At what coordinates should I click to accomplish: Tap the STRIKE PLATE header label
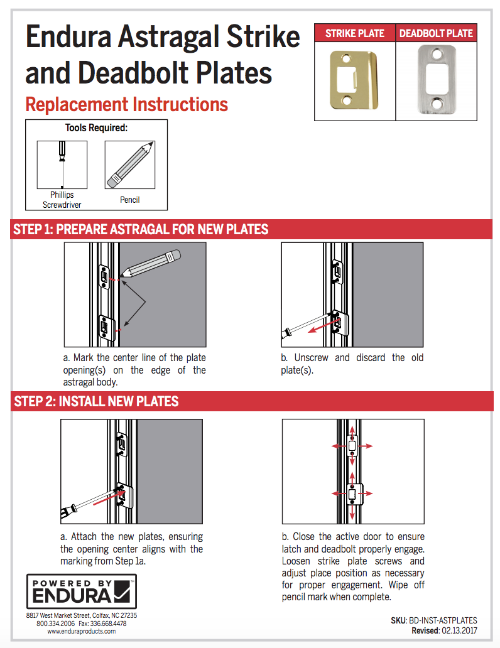pyautogui.click(x=355, y=33)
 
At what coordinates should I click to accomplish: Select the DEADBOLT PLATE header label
pyautogui.click(x=436, y=33)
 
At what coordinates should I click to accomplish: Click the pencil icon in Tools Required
pyautogui.click(x=130, y=165)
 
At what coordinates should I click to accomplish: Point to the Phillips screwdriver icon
pyautogui.click(x=62, y=165)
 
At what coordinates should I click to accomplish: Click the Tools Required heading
pyautogui.click(x=96, y=128)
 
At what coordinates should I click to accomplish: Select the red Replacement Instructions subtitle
pyautogui.click(x=126, y=104)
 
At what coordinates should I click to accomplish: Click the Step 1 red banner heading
pyautogui.click(x=141, y=229)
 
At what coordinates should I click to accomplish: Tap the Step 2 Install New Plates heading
pyautogui.click(x=96, y=401)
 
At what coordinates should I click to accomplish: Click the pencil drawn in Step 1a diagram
pyautogui.click(x=153, y=263)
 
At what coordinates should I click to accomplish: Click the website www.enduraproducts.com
pyautogui.click(x=82, y=632)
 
